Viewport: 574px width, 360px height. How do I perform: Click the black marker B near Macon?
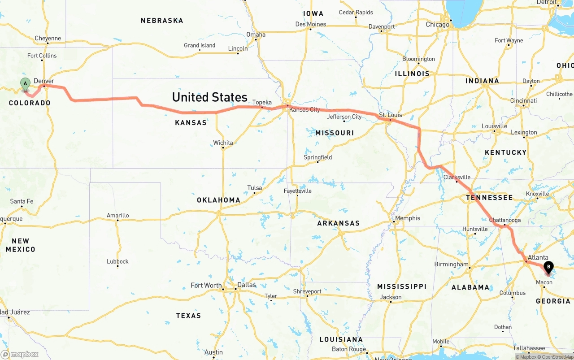[x=548, y=268]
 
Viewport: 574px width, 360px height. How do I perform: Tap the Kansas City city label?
[x=304, y=110]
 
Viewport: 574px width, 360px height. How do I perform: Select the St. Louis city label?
[x=391, y=115]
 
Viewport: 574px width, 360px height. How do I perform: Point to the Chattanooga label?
[x=505, y=220]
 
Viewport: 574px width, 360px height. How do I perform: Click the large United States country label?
[x=209, y=97]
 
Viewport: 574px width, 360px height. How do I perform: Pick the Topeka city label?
[x=262, y=102]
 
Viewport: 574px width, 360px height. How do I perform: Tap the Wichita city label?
[x=223, y=143]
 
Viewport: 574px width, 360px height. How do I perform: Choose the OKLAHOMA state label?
[x=218, y=200]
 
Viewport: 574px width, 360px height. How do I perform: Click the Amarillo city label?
[x=118, y=216]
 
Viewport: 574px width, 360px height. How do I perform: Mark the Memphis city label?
[x=408, y=218]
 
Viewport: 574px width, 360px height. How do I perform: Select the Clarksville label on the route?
[x=457, y=177]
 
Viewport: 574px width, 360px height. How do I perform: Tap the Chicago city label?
[x=437, y=25]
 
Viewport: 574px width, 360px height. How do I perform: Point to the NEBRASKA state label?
[x=162, y=21]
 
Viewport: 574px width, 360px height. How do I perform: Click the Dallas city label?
[x=246, y=285]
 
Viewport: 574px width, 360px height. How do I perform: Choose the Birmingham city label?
[x=451, y=265]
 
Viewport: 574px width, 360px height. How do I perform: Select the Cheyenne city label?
[x=48, y=39]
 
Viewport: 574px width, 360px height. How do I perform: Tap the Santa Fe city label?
[x=22, y=201]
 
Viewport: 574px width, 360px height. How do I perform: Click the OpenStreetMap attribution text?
[x=557, y=357]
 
